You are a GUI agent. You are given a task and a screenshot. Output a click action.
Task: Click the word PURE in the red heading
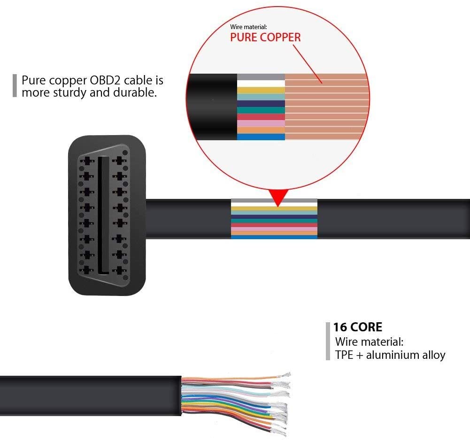[244, 38]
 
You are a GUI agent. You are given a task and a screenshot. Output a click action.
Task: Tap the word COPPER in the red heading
[280, 38]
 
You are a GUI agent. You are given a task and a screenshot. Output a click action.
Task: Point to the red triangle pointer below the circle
[278, 197]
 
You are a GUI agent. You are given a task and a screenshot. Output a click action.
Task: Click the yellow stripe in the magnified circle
[261, 90]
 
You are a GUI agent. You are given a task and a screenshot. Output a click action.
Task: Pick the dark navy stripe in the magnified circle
[261, 104]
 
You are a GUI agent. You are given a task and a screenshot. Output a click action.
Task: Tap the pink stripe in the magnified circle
[261, 123]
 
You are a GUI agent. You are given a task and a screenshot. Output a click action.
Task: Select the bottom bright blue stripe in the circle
[261, 137]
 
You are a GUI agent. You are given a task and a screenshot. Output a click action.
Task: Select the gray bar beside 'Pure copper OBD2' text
[15, 85]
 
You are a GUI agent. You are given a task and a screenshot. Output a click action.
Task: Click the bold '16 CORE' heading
[358, 327]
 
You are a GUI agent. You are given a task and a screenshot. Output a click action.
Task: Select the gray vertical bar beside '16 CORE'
[328, 341]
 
